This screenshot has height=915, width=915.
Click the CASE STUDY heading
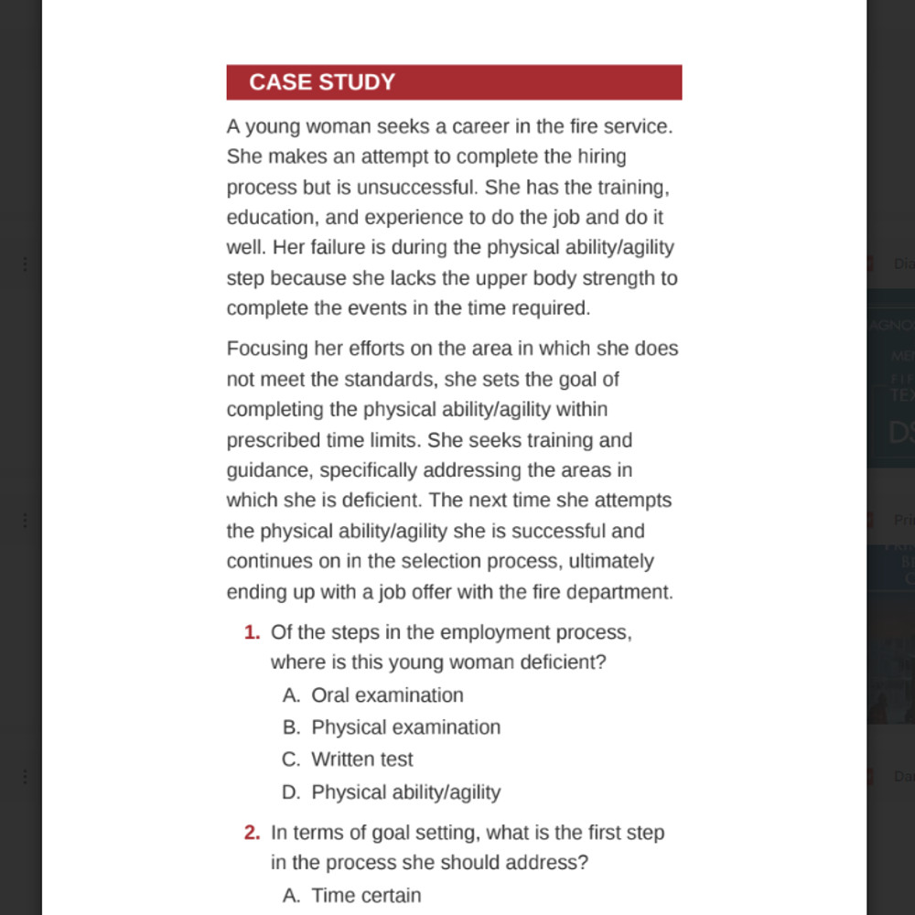pyautogui.click(x=322, y=82)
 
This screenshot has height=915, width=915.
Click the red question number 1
pyautogui.click(x=252, y=632)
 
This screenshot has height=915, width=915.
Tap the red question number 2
pyautogui.click(x=252, y=833)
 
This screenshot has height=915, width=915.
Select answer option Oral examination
pyautogui.click(x=387, y=695)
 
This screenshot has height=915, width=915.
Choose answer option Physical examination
pyautogui.click(x=405, y=727)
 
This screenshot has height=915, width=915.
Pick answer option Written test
pyautogui.click(x=361, y=759)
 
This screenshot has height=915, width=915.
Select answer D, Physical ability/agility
pyautogui.click(x=405, y=792)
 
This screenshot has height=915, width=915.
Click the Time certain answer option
pyautogui.click(x=366, y=896)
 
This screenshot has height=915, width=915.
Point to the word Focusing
pyautogui.click(x=266, y=349)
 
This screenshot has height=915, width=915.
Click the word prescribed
pyautogui.click(x=274, y=440)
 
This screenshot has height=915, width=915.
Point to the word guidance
pyautogui.click(x=268, y=470)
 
